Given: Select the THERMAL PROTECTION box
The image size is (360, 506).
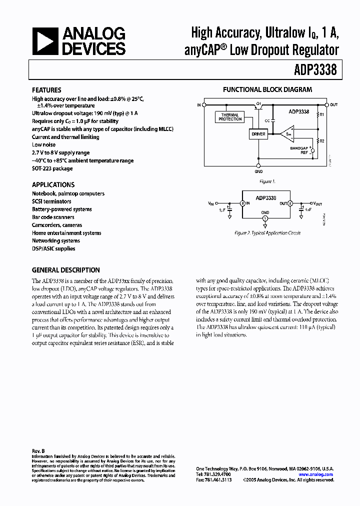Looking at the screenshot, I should (230, 117).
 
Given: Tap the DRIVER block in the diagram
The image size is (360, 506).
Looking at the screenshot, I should (258, 134).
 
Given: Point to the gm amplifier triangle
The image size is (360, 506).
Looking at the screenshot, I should (286, 133).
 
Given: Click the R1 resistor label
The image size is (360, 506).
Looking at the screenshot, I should (322, 114).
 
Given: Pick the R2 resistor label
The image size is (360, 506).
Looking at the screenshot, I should (322, 142).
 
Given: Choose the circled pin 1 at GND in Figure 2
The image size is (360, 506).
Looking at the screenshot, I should (265, 218).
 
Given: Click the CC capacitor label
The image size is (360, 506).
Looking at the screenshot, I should (267, 120).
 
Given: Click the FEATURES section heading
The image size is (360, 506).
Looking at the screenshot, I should (46, 90).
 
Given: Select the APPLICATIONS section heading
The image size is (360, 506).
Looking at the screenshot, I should (53, 184).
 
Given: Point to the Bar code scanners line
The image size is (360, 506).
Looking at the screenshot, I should (53, 217).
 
